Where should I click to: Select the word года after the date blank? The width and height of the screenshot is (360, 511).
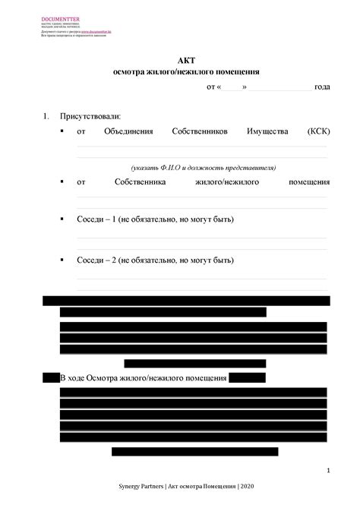tap(322, 87)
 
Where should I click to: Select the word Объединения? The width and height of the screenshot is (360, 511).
tap(129, 132)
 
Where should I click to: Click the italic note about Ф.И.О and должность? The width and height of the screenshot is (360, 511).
tap(203, 167)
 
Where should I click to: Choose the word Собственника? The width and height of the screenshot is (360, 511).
tap(145, 182)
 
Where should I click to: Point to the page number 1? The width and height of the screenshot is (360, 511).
tap(327, 472)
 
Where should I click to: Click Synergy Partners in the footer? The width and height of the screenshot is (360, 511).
tap(142, 485)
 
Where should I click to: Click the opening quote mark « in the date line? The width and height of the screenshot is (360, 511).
tap(220, 87)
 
